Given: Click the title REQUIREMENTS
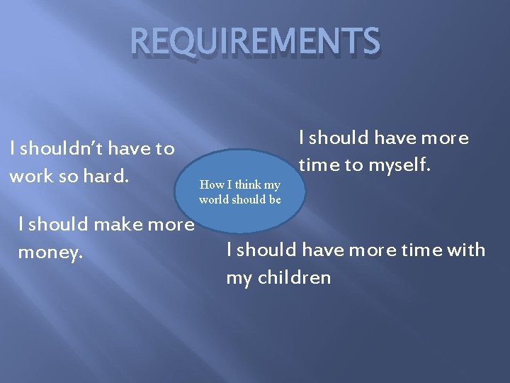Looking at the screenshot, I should (x=255, y=43).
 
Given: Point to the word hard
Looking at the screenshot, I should (x=106, y=176).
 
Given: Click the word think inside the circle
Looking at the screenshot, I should (x=246, y=185).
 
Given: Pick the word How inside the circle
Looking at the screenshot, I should (x=212, y=185).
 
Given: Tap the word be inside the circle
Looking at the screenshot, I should (x=274, y=199).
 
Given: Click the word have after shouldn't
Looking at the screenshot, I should (x=127, y=149).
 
